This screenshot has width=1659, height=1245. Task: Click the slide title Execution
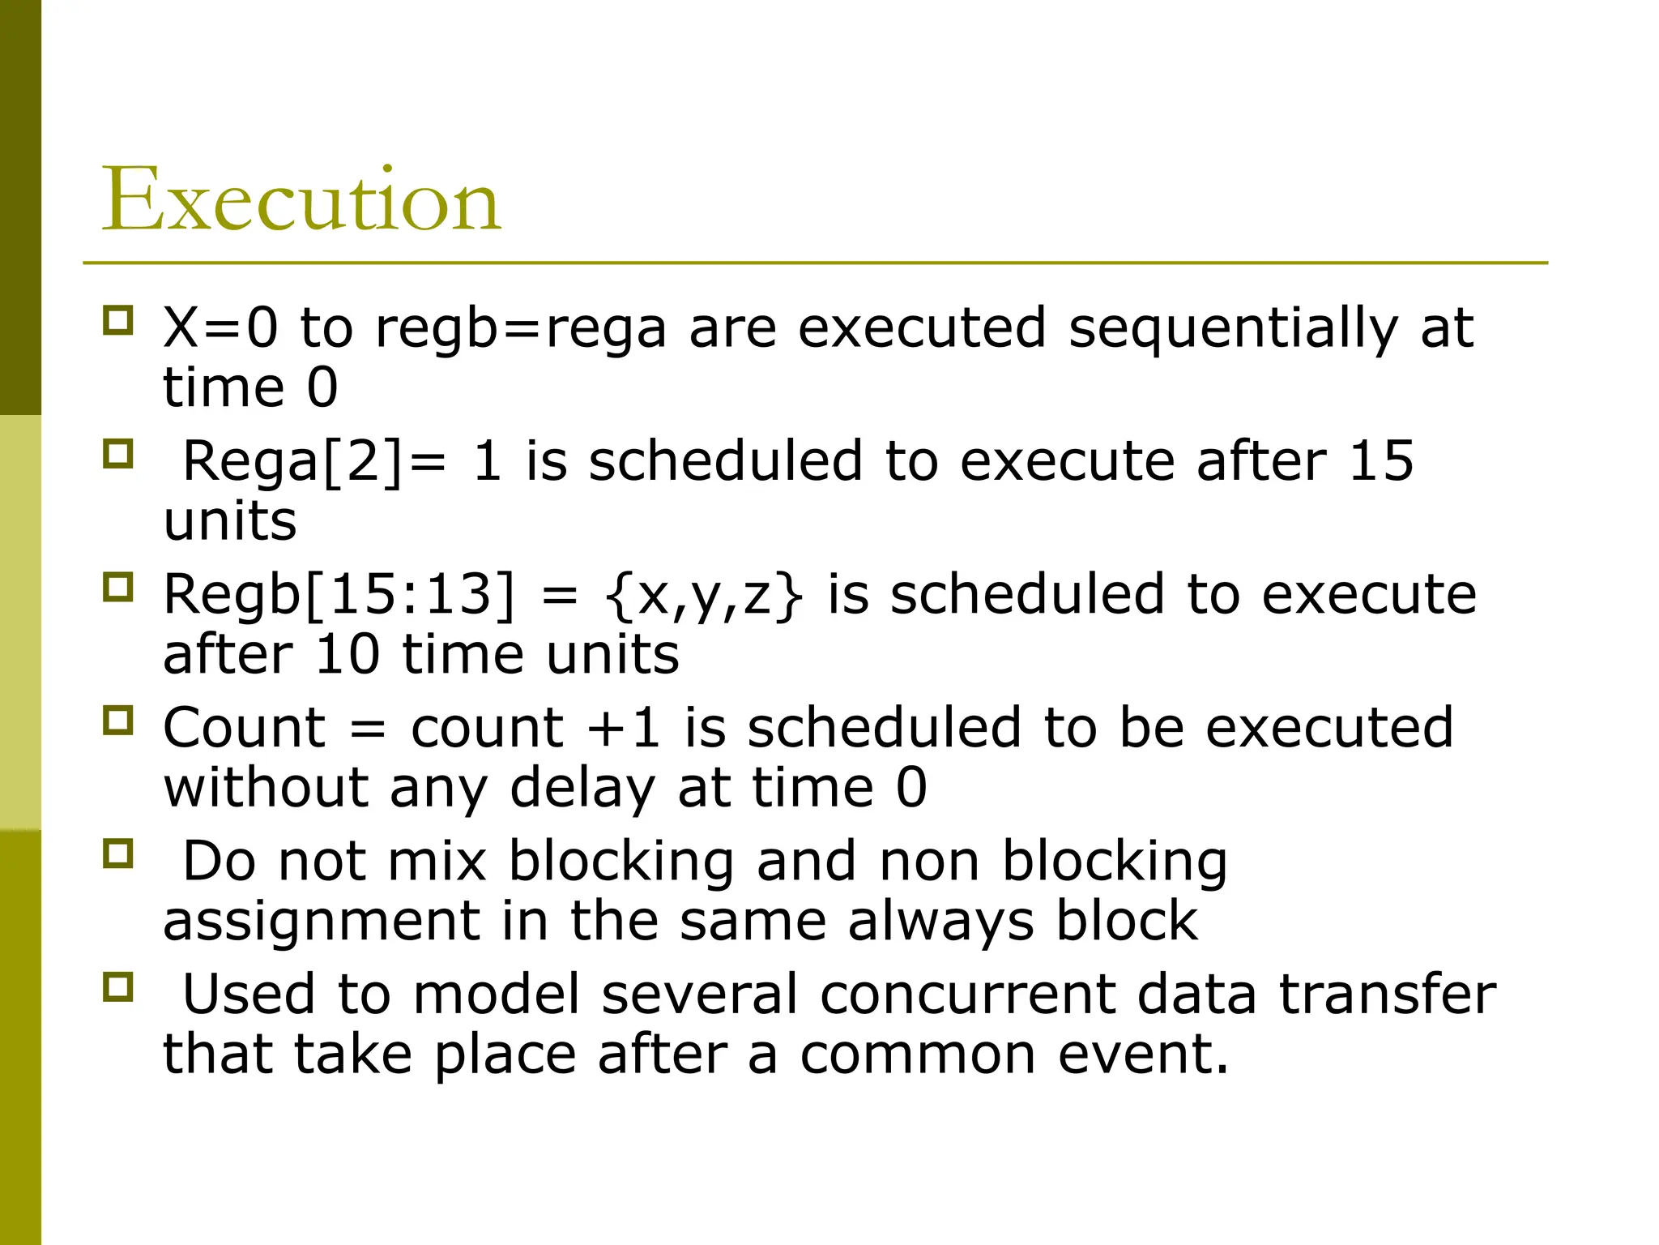coord(301,199)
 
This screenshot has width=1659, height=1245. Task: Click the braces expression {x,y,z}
coord(703,596)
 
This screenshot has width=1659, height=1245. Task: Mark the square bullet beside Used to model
coord(118,987)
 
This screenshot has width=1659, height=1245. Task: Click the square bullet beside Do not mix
coord(118,854)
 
